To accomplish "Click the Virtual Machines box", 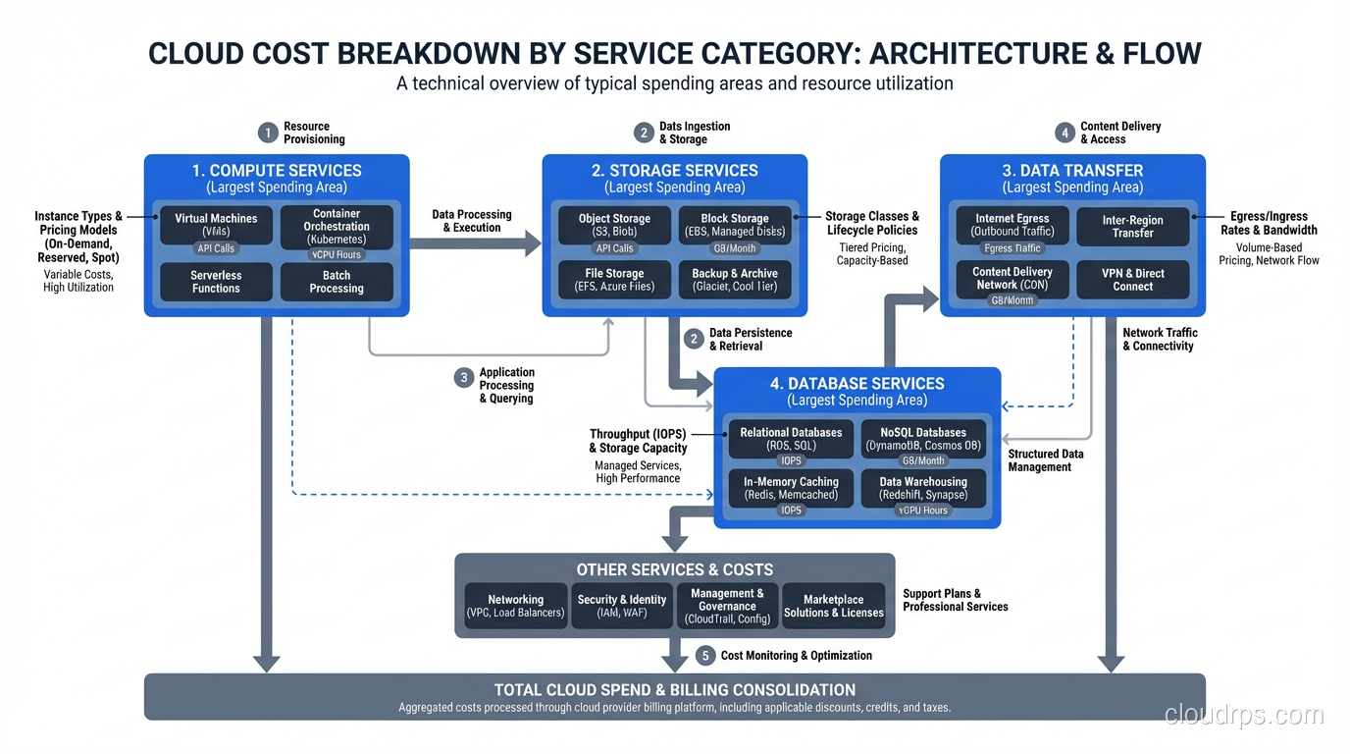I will [216, 226].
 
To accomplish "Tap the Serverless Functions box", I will [216, 282].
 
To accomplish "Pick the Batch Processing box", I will [337, 282].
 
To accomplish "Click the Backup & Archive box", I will [735, 280].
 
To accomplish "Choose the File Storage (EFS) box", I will [614, 280].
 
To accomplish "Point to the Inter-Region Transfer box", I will [1132, 227].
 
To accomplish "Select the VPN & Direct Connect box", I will [1132, 280].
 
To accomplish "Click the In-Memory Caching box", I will [791, 488].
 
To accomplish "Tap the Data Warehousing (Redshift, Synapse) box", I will [923, 488].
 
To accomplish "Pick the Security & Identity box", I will [622, 606].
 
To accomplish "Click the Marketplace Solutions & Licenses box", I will [834, 606].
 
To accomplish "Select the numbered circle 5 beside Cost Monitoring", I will [705, 655].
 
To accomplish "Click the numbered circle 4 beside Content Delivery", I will [1064, 133].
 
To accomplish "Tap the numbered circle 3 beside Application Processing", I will [464, 378].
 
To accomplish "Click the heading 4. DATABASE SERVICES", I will [857, 384].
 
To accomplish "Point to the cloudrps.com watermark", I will [1244, 715].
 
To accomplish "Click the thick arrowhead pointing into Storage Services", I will [532, 242].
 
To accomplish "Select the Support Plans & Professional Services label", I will [955, 600].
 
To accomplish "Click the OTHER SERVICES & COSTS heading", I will [674, 569].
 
